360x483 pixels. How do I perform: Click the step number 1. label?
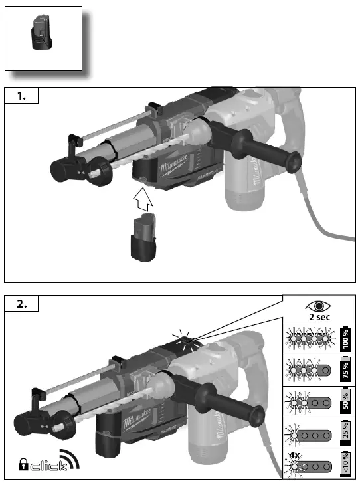coord(21,96)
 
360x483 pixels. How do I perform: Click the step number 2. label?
coord(21,304)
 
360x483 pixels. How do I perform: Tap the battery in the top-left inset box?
coord(40,35)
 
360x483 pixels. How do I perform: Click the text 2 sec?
coord(321,317)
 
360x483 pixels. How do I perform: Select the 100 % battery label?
coord(345,339)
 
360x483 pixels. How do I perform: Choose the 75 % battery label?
coord(345,370)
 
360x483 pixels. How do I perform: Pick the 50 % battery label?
coord(345,401)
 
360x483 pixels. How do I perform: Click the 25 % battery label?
coord(345,433)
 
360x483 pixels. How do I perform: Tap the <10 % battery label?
coord(345,464)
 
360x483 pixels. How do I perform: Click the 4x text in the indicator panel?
coord(293,456)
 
